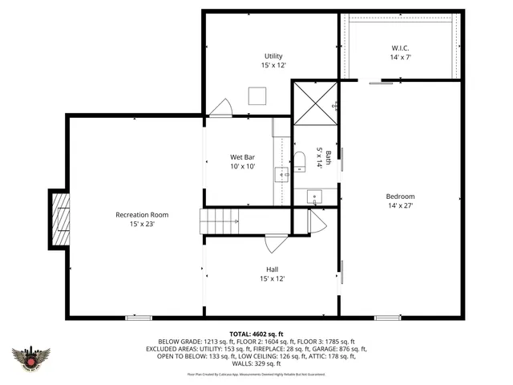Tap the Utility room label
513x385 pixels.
[x=273, y=56]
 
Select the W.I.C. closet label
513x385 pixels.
[x=400, y=47]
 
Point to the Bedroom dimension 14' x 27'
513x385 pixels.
[x=400, y=206]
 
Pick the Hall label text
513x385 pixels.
[x=273, y=269]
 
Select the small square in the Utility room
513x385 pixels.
[x=257, y=95]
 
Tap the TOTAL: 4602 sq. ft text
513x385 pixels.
[x=256, y=333]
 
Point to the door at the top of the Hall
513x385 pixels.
[x=274, y=242]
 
